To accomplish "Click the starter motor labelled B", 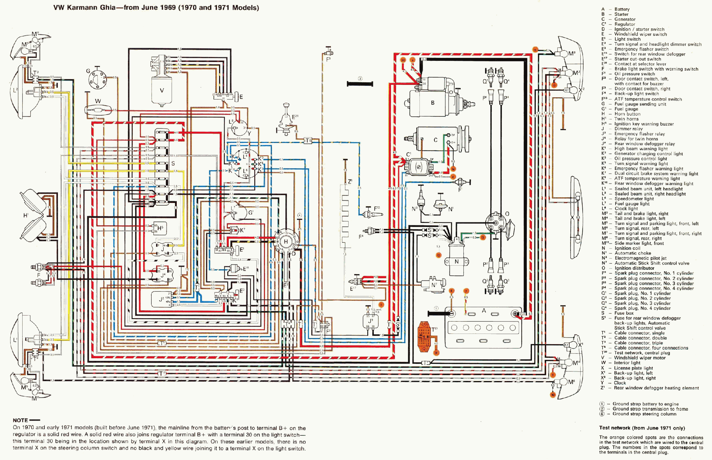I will (x=433, y=101).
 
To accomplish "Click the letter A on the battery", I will (x=484, y=311).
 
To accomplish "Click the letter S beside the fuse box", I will (x=173, y=164).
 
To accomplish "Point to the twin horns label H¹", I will (x=26, y=215).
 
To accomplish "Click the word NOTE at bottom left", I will (x=20, y=420).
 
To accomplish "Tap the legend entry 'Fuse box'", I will (x=624, y=313).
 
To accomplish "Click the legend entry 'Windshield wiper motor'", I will (x=639, y=358).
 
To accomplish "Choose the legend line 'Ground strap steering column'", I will (x=644, y=414).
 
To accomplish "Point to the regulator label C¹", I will (x=409, y=154).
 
